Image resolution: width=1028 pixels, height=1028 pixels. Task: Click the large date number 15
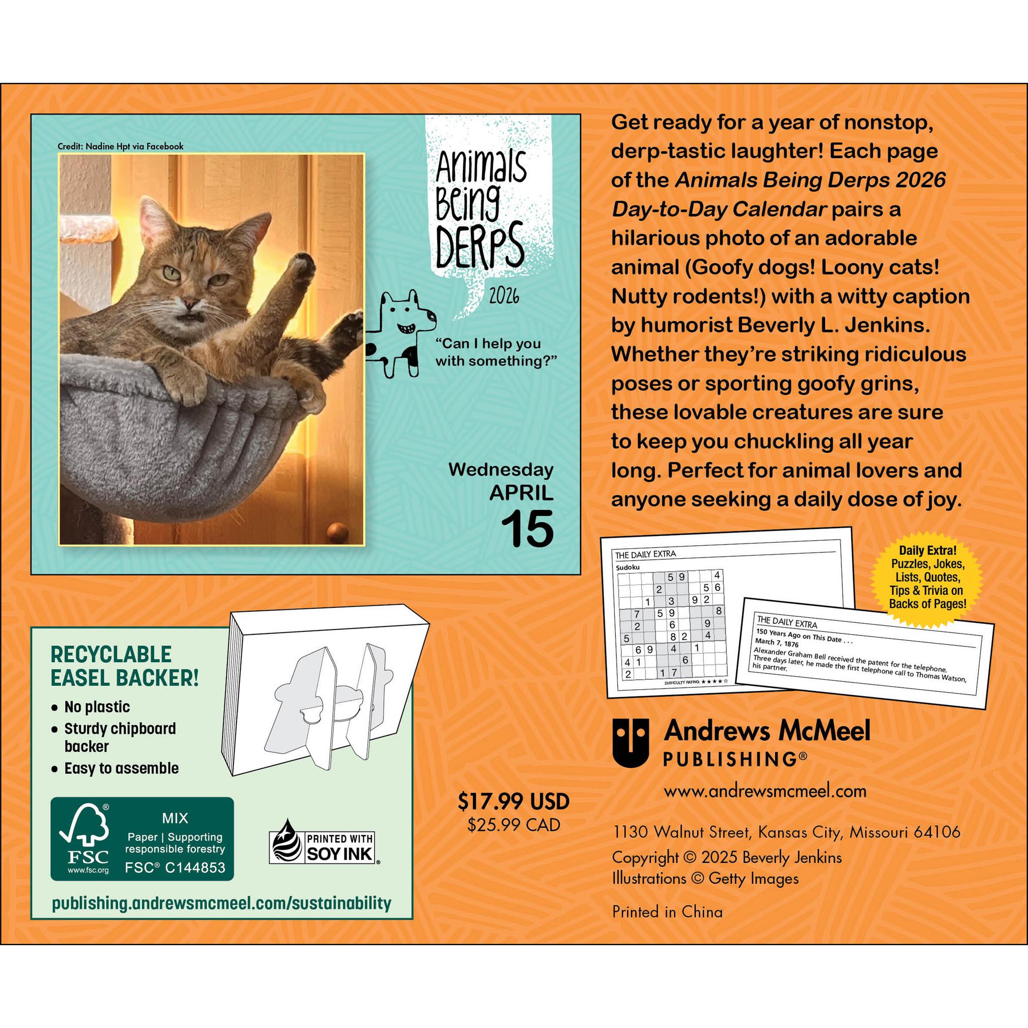click(x=528, y=528)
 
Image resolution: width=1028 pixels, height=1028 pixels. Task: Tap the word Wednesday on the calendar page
click(x=500, y=470)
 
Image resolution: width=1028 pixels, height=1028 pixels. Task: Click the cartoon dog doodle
click(x=400, y=334)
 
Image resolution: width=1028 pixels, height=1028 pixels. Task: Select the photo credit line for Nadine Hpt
click(x=121, y=147)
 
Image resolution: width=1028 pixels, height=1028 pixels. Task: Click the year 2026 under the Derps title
click(x=504, y=296)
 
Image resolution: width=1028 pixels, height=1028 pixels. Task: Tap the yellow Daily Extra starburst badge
click(x=928, y=577)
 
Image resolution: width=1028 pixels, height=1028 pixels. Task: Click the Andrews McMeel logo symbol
click(x=630, y=742)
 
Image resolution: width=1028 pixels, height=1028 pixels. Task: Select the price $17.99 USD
click(x=513, y=802)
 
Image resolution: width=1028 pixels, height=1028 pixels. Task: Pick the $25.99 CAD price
click(x=513, y=825)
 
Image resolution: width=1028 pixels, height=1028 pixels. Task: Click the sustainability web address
click(x=221, y=903)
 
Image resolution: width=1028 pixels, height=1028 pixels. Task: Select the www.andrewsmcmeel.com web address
click(x=765, y=791)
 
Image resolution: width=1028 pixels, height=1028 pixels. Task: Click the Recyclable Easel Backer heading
click(x=124, y=666)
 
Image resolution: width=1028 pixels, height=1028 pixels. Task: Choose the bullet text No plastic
click(x=97, y=707)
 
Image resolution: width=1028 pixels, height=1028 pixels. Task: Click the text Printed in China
click(x=667, y=912)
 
